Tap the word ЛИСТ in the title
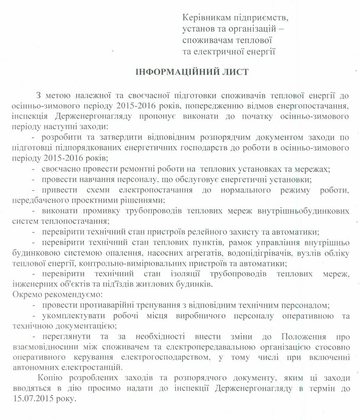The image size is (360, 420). click(x=235, y=72)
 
